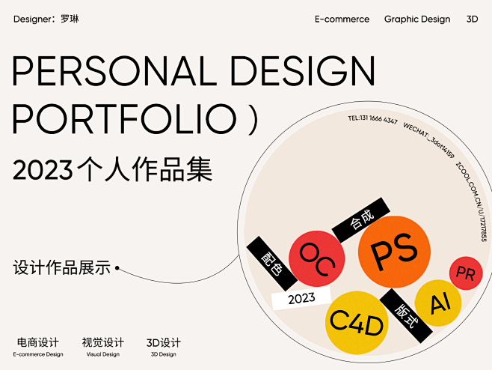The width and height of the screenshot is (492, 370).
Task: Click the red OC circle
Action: [316, 258]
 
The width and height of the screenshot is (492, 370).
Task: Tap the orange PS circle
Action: [394, 251]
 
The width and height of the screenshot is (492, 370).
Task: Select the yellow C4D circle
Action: [357, 324]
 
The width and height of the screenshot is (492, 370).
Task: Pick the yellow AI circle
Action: [436, 303]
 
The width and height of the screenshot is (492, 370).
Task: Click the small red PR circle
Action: [465, 273]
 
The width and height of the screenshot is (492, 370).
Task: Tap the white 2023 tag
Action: [301, 298]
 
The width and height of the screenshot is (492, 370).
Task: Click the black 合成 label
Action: [361, 219]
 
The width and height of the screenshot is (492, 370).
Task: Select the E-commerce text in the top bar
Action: [342, 19]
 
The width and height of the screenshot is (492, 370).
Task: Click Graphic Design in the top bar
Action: [417, 19]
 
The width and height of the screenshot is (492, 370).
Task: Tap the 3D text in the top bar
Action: [472, 19]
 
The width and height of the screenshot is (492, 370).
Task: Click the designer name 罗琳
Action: [70, 19]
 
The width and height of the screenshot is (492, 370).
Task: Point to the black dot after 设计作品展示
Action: [117, 267]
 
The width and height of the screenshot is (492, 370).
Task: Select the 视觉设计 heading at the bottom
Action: [102, 342]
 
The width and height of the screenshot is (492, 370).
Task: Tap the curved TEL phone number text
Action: [372, 120]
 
